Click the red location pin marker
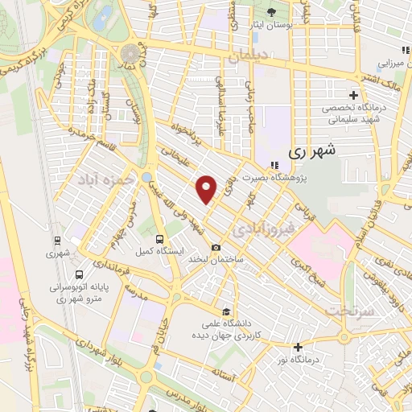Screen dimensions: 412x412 click(208, 189)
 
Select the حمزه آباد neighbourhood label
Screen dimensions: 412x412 click(106, 179)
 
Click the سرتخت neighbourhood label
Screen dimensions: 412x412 click(356, 310)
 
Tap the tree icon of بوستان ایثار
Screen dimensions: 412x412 click(270, 13)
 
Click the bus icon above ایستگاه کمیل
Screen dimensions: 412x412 click(159, 239)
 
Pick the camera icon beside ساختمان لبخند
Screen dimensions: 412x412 click(216, 248)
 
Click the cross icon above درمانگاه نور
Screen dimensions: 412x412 click(299, 348)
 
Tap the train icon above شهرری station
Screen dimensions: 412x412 click(57, 240)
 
